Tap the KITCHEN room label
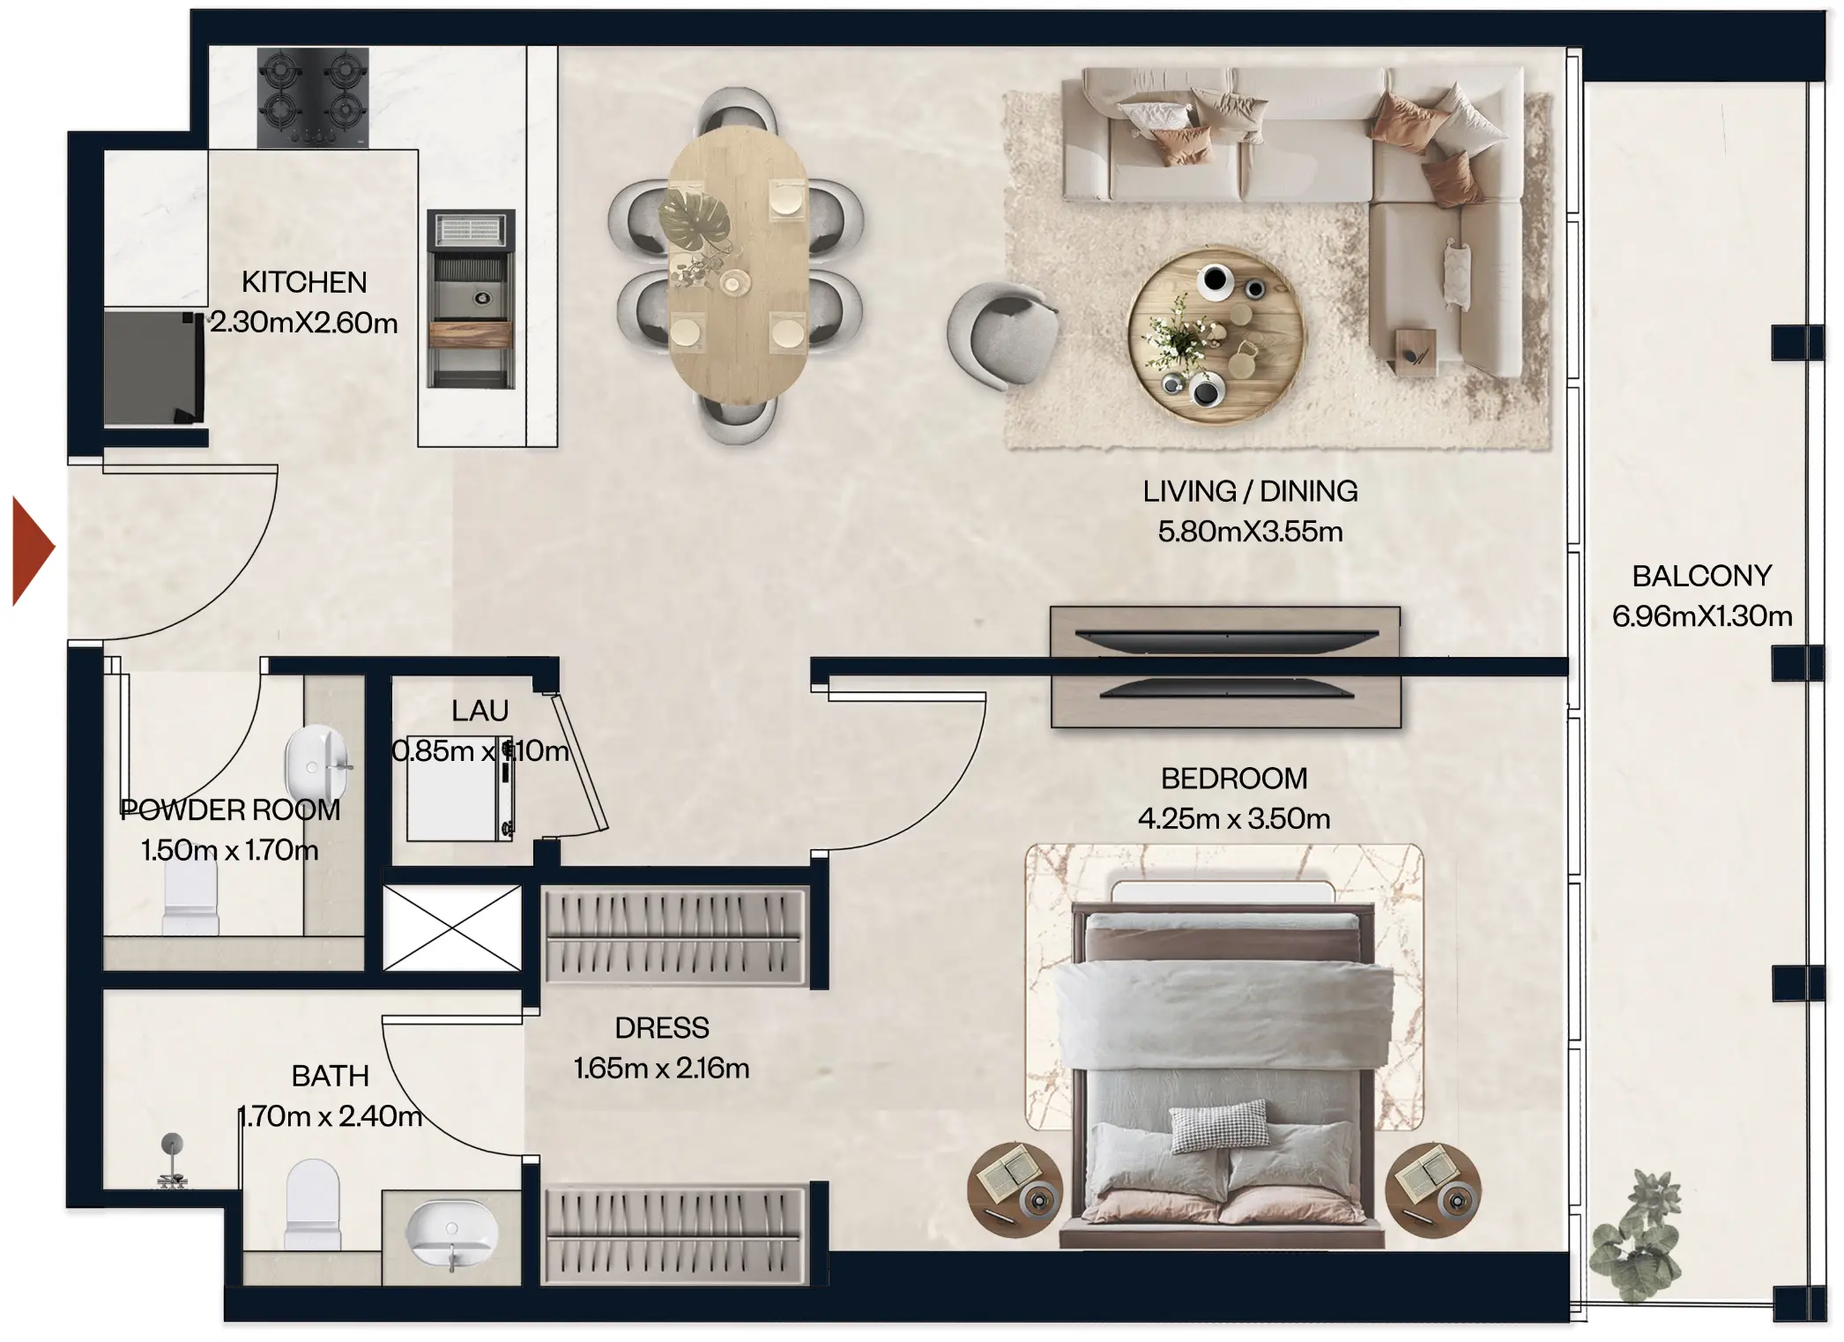point(304,282)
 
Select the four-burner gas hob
point(312,97)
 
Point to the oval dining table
point(737,265)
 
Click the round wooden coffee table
point(1216,336)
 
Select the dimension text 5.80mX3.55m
point(1250,532)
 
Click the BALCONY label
point(1701,576)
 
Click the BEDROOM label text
point(1233,779)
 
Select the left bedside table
point(1015,1189)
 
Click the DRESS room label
point(661,1028)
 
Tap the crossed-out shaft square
point(452,928)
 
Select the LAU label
point(480,711)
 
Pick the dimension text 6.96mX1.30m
point(1701,616)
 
